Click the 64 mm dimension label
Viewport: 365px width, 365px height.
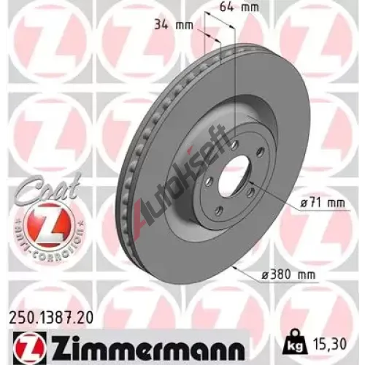coord(239,7)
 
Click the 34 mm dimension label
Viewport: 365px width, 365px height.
coord(174,25)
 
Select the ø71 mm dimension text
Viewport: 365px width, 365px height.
coord(323,203)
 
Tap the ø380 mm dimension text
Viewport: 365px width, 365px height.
coord(289,275)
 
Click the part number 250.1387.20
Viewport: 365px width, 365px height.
coord(51,318)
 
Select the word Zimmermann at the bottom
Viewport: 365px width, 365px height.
coord(148,346)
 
